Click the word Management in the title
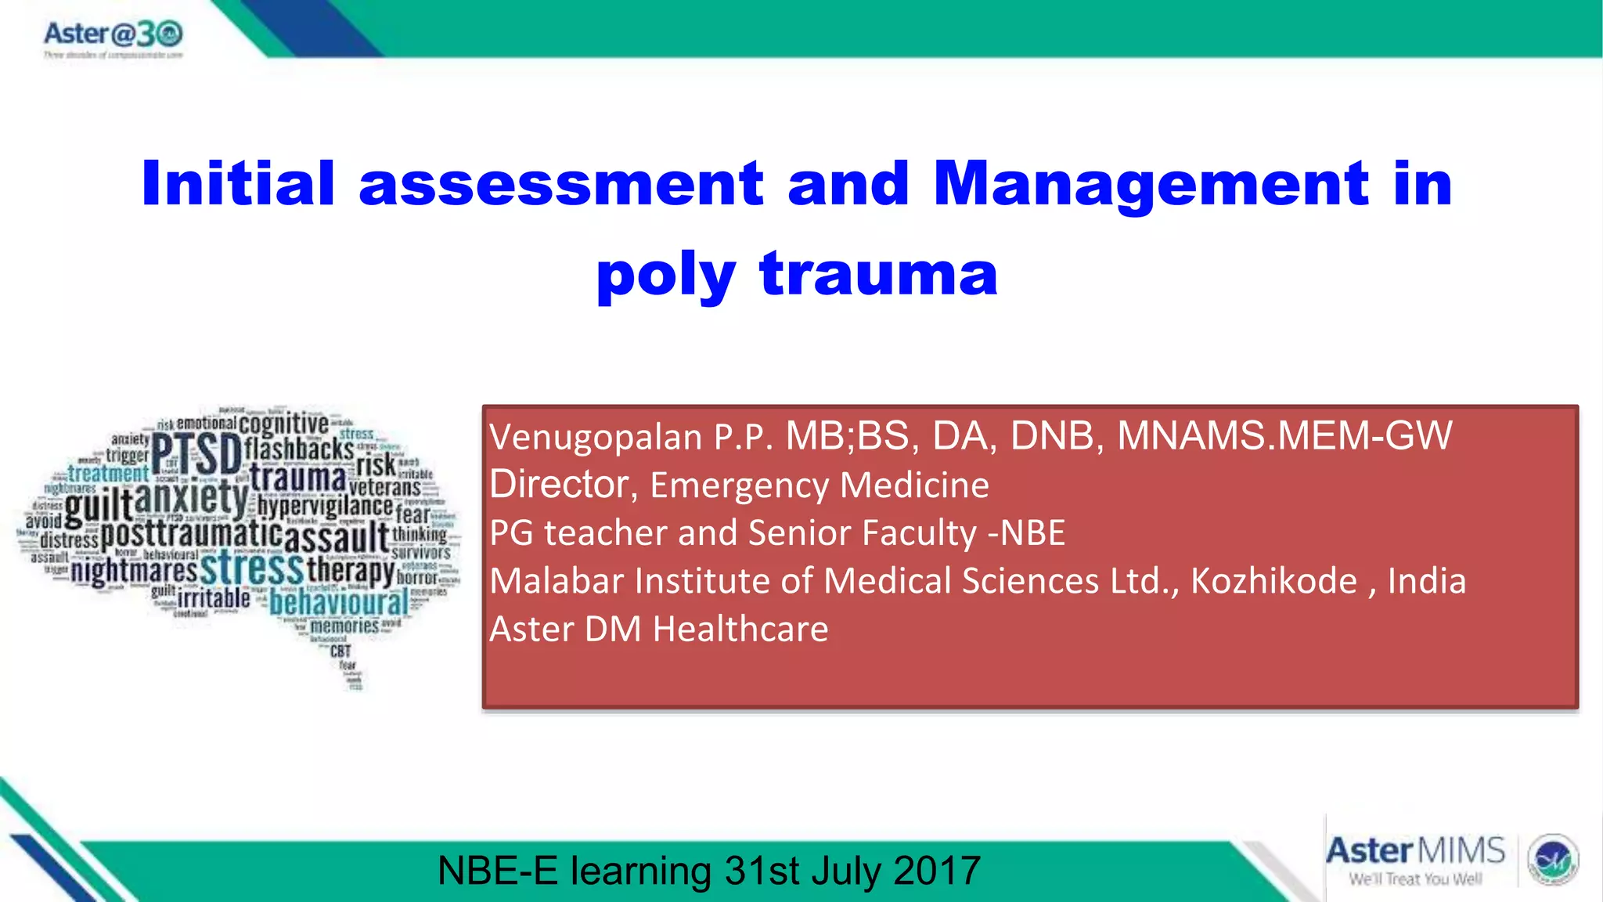point(1151,183)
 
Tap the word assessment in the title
point(560,183)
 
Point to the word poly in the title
point(665,276)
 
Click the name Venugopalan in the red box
point(596,437)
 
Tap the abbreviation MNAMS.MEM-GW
point(1284,435)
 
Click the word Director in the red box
point(559,484)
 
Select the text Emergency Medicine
point(819,485)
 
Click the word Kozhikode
point(1273,581)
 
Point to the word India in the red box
point(1426,581)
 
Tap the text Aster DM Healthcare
point(658,629)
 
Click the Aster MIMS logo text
point(1415,851)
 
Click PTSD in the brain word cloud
point(196,454)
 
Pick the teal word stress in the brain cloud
point(251,568)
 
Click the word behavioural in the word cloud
point(338,603)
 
